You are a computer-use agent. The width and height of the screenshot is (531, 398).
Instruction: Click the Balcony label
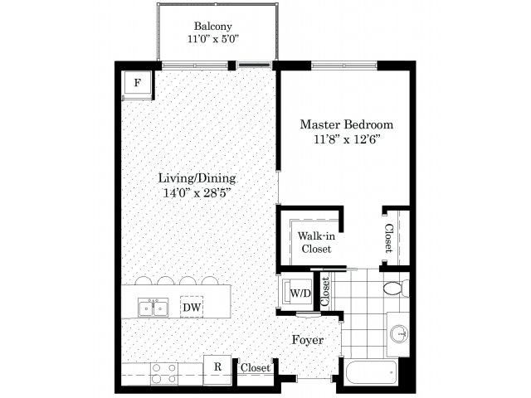[213, 26]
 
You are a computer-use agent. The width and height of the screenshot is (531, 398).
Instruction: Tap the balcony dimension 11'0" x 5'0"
[213, 39]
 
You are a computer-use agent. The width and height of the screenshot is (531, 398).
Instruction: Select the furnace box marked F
[137, 83]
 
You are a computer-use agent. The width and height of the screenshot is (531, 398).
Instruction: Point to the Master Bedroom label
[347, 124]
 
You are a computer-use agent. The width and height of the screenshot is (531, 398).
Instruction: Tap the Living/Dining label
[197, 178]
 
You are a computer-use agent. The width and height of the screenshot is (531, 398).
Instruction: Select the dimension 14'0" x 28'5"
[197, 192]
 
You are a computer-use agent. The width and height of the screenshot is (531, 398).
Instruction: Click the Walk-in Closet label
[316, 242]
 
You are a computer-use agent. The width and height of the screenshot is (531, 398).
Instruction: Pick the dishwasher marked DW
[192, 307]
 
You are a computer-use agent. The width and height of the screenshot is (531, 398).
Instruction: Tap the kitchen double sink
[153, 308]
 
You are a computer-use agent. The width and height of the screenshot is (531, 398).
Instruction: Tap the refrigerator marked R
[217, 370]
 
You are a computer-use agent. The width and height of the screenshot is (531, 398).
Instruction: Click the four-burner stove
[164, 373]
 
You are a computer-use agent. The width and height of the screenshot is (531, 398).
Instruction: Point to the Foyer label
[308, 340]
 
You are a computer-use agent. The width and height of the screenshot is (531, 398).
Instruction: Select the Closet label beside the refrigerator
[256, 367]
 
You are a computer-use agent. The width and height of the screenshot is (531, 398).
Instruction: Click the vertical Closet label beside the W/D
[325, 292]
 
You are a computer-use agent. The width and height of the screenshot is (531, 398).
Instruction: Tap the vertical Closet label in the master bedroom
[389, 238]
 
